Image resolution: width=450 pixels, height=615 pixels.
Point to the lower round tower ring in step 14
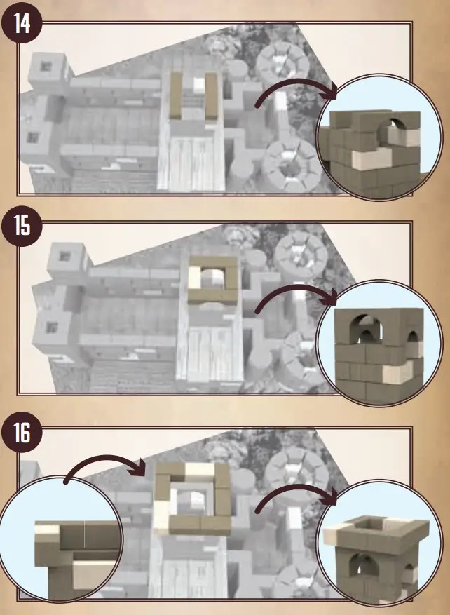pos(288,159)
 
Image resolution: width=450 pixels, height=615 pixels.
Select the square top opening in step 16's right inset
pos(374,522)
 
